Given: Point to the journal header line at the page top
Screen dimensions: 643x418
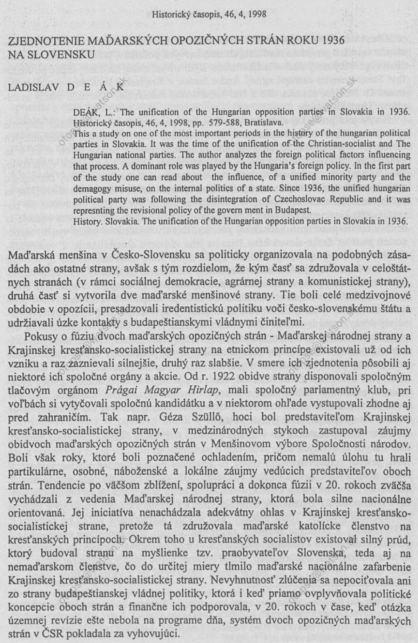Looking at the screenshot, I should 209,15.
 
